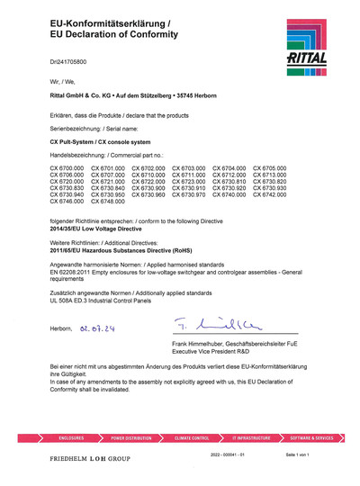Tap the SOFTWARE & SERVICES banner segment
[x=311, y=437]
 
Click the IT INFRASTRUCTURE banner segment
[x=251, y=437]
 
